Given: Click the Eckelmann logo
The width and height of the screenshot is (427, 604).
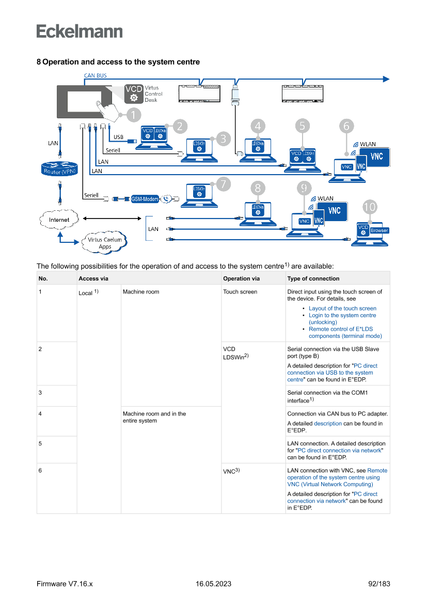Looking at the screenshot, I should click(80, 32).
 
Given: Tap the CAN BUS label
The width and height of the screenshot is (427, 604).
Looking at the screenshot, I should click(96, 75).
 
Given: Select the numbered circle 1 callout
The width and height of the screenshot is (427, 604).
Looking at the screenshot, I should click(132, 115).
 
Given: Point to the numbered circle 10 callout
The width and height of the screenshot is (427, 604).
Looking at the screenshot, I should click(370, 208).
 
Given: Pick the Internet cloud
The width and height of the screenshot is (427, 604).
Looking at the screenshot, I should click(59, 220).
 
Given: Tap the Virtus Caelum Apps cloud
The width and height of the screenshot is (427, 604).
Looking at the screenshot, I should click(105, 242).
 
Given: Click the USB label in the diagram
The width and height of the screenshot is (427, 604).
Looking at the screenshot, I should click(119, 137).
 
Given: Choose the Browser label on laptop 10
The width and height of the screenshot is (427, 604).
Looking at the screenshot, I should click(379, 230).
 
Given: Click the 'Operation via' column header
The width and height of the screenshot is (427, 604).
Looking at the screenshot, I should click(241, 278).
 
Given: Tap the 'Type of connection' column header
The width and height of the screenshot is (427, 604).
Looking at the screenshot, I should click(313, 278).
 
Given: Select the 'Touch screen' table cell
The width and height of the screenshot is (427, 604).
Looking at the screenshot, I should click(240, 292).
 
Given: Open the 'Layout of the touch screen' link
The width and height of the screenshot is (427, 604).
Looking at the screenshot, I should click(342, 308).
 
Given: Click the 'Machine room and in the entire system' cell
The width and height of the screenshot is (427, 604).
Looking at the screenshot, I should click(154, 417).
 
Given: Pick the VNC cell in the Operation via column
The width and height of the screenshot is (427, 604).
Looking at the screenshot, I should click(230, 471).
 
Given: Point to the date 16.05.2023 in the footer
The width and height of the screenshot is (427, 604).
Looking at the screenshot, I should click(213, 584).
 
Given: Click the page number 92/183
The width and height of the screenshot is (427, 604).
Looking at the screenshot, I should click(379, 584).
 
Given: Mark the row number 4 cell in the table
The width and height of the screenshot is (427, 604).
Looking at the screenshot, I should click(40, 414).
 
